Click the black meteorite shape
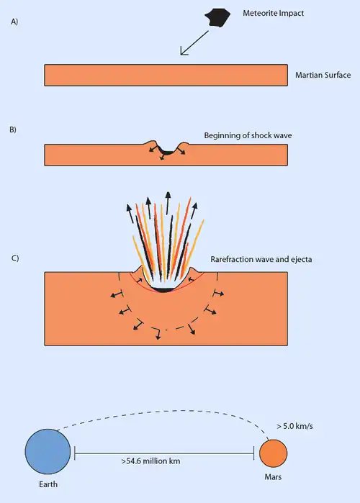pos(217,18)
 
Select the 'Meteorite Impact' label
pos(273,13)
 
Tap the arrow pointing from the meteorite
pos(194,43)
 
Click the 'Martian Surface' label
pos(323,75)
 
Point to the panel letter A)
pos(14,22)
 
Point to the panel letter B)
pos(13,130)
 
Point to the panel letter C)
pos(15,258)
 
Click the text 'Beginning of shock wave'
pos(248,135)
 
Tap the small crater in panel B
pos(166,150)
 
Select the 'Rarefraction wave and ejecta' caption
pos(261,259)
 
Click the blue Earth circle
pos(48,451)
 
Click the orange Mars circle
pos(273,453)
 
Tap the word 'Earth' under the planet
pos(48,484)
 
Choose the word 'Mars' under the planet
pos(273,477)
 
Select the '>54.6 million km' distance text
pos(150,461)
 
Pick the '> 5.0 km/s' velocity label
pos(294,426)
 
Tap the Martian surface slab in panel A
pos(166,75)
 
